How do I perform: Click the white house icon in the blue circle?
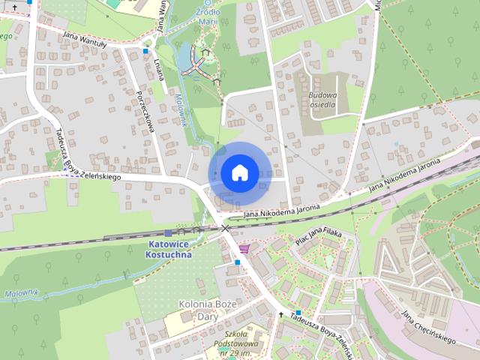238,172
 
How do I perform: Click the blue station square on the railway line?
167,233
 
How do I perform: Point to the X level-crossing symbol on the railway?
224,227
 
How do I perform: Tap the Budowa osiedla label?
323,100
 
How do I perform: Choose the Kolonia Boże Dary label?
208,310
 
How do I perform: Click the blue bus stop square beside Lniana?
145,52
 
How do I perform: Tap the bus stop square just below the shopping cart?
237,262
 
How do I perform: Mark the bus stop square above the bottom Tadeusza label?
298,312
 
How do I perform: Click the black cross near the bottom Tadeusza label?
282,315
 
